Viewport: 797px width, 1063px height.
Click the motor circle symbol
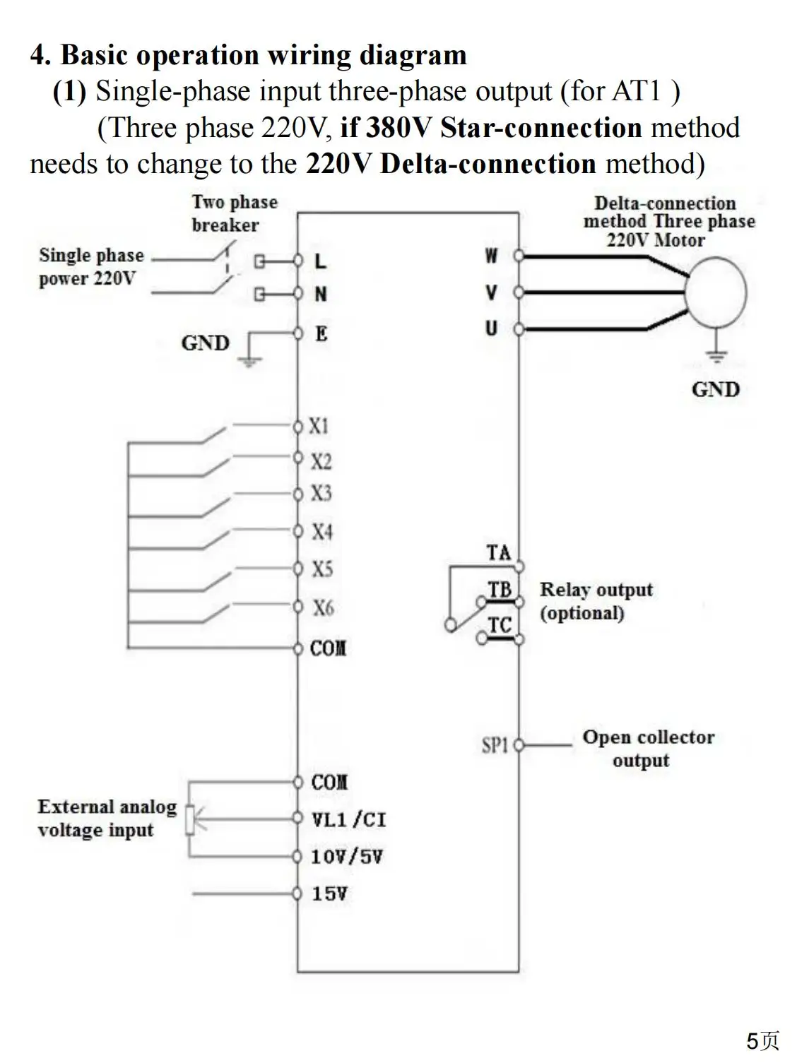tap(716, 292)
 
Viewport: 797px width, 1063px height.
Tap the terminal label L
tap(321, 261)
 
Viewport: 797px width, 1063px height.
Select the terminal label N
tap(321, 294)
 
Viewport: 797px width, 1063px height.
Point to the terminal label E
tap(321, 333)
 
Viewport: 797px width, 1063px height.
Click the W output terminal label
tap(491, 256)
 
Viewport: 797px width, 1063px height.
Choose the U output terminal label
tap(491, 328)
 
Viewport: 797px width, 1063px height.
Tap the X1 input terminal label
tap(319, 426)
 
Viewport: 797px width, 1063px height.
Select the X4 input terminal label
tap(321, 531)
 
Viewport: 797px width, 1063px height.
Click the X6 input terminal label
tap(323, 607)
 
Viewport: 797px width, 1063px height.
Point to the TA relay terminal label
tap(498, 552)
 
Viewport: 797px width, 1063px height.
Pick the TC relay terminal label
tap(500, 625)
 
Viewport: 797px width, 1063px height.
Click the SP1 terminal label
tap(495, 745)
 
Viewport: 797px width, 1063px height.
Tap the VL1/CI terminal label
tap(349, 819)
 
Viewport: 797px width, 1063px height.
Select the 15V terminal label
tap(329, 893)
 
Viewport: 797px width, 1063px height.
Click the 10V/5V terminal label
tap(346, 857)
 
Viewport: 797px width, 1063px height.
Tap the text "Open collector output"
tap(647, 748)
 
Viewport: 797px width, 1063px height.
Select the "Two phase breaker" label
tap(234, 213)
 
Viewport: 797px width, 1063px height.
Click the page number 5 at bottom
tap(753, 1041)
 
